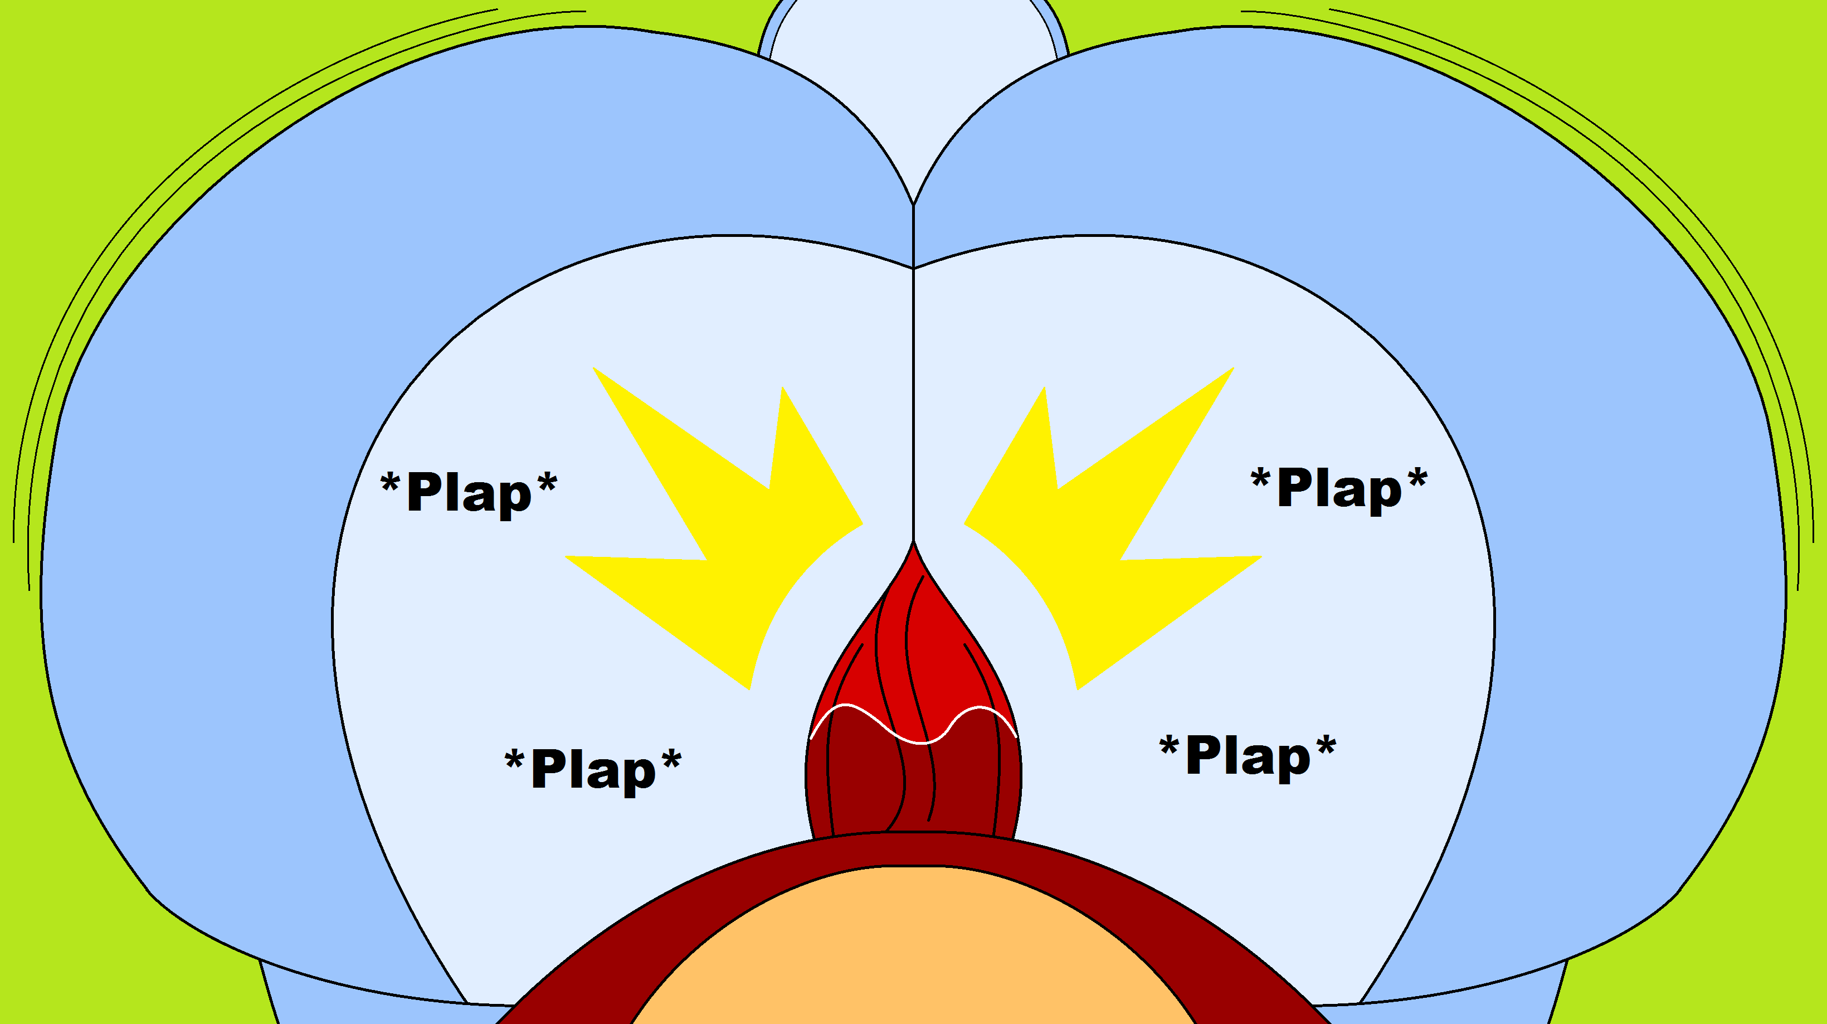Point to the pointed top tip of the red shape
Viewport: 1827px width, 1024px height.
tap(914, 545)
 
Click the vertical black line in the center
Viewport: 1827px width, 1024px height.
tap(914, 390)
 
